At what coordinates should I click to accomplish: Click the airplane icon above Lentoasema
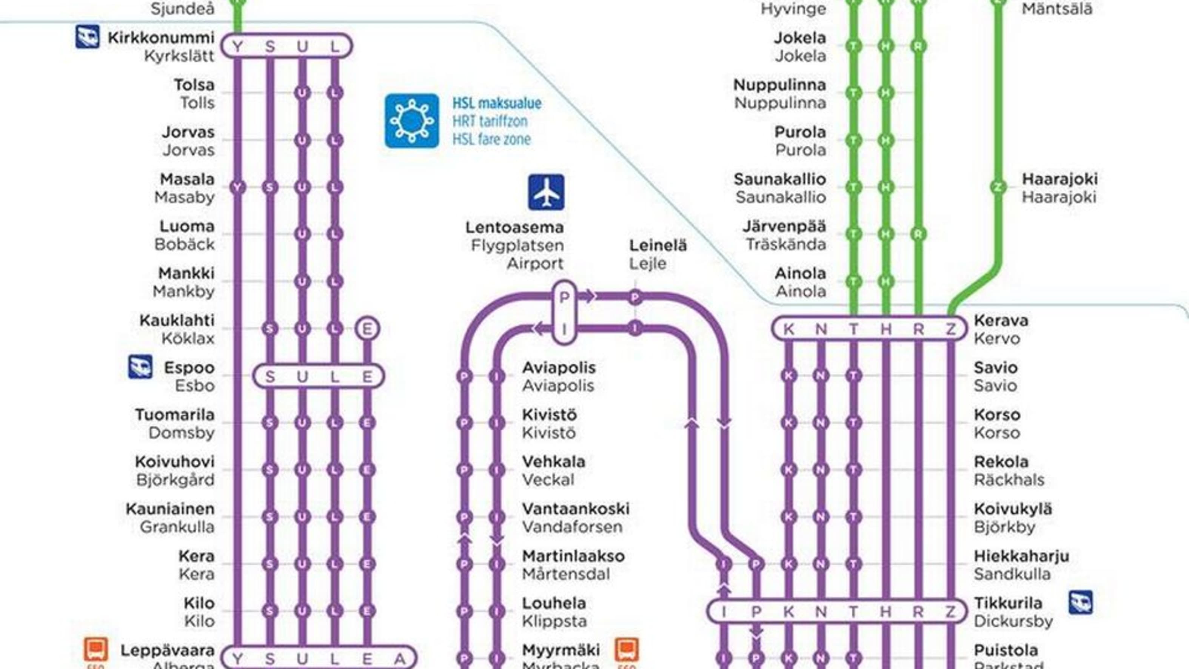click(x=546, y=192)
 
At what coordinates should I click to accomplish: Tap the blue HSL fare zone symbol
click(x=412, y=121)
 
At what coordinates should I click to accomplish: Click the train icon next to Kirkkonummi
click(x=87, y=37)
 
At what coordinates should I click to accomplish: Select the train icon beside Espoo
click(x=140, y=367)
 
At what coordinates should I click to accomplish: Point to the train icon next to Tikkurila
click(x=1081, y=603)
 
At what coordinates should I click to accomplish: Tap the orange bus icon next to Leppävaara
click(x=96, y=650)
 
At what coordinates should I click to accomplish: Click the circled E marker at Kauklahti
click(x=367, y=329)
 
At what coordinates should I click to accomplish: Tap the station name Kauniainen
click(x=170, y=509)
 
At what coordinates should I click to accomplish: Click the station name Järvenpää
click(x=784, y=226)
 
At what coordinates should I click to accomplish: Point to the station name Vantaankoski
click(x=576, y=509)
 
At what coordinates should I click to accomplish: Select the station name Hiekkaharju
click(x=1021, y=556)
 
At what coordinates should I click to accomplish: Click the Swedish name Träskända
click(x=786, y=244)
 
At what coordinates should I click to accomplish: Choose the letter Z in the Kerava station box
click(x=950, y=329)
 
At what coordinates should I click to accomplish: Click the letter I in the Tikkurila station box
click(x=724, y=612)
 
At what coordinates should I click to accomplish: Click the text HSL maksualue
click(x=497, y=103)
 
